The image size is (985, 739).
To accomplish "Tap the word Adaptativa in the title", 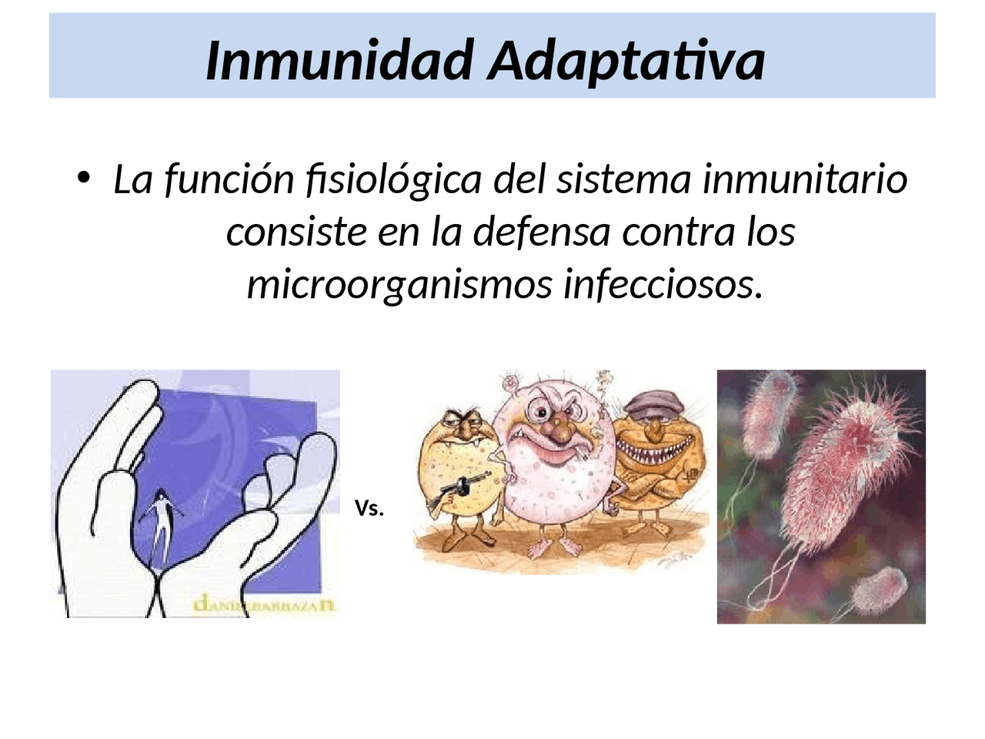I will pyautogui.click(x=626, y=60).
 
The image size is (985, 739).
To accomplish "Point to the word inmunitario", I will pyautogui.click(x=805, y=180).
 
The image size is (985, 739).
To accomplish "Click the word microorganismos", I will pyautogui.click(x=399, y=284).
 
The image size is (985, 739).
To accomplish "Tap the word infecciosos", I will pyautogui.click(x=663, y=284).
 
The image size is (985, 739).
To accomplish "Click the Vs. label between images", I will pyautogui.click(x=369, y=509).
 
